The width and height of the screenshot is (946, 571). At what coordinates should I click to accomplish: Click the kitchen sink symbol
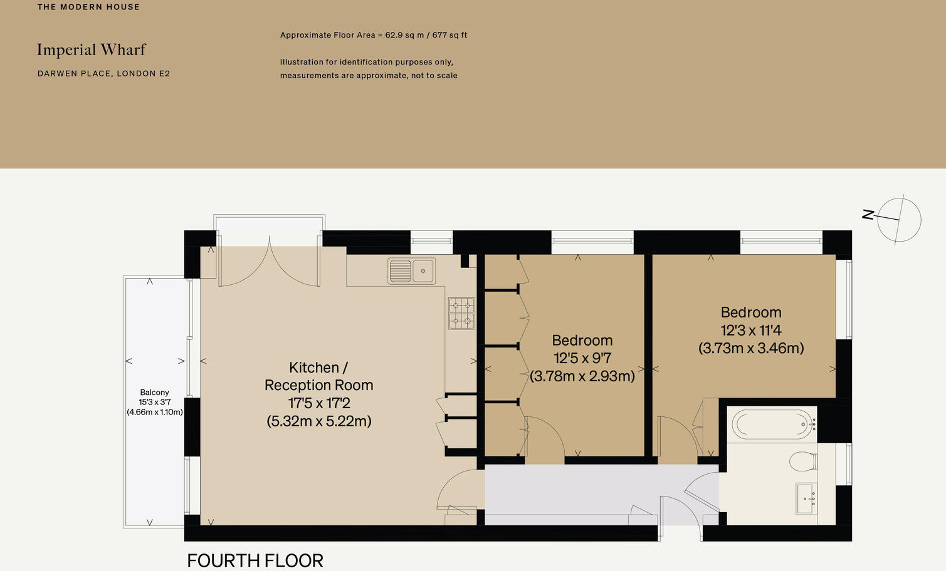tap(411, 271)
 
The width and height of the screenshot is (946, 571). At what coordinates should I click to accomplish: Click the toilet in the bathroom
tap(802, 462)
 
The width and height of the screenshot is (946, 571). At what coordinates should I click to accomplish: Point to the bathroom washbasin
tap(806, 498)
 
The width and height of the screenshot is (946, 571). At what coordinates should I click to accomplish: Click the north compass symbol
tap(898, 220)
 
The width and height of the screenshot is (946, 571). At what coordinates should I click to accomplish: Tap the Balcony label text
tap(154, 393)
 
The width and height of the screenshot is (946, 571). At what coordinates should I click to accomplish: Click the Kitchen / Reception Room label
tap(318, 376)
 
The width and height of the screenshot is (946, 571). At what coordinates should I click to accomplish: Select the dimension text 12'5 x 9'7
tap(582, 358)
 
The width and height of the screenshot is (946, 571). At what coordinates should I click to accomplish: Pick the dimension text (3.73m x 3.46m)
tap(751, 348)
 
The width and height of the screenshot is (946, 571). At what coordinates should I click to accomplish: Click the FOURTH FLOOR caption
tap(255, 560)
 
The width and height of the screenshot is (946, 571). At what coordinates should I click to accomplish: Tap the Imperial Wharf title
tap(92, 50)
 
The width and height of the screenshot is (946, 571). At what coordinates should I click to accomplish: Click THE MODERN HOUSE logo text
tap(88, 7)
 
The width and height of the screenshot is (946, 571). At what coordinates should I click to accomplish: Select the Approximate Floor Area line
tap(374, 35)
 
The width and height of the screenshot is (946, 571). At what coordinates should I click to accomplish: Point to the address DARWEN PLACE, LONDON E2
tap(104, 74)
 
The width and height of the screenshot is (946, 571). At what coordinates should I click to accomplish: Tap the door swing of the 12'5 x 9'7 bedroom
tap(544, 437)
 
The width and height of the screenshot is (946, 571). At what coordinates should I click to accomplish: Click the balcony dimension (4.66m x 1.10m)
tap(155, 412)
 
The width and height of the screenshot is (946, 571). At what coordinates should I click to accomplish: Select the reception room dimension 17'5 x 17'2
tap(318, 403)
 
